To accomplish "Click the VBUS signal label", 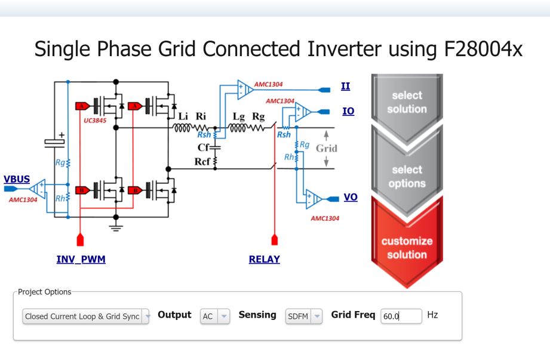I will [x=17, y=179].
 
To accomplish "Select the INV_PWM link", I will [x=81, y=260].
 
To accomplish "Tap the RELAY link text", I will [x=265, y=260].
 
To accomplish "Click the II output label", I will [x=345, y=86].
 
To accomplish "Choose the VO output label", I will [x=351, y=196].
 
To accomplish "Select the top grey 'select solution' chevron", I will [x=406, y=102].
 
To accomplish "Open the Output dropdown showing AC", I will [x=214, y=316].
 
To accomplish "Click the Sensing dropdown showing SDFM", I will [x=304, y=316].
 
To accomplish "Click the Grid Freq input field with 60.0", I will [x=401, y=316].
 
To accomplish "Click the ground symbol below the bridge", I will [x=116, y=226].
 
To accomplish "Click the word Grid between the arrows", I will [x=327, y=147].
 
